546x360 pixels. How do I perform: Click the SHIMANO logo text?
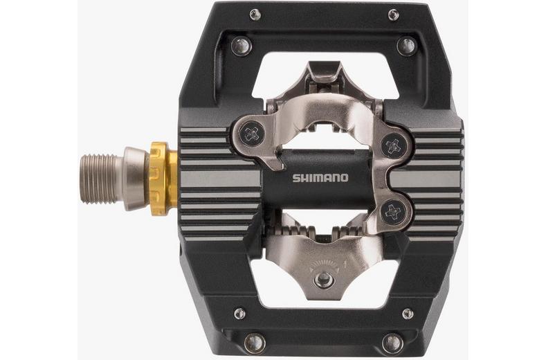coord(320,178)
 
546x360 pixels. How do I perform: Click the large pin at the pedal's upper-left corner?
coord(241,46)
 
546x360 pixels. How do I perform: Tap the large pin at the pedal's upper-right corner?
coord(406,46)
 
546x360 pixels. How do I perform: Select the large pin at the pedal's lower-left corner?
coord(254,342)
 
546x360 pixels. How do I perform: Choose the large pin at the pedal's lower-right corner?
coord(392,342)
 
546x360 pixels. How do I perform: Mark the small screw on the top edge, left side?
coord(255,15)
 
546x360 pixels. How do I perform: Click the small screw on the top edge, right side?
coord(393,15)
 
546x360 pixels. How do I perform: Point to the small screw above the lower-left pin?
coord(239,313)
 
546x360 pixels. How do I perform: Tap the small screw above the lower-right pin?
coord(408,313)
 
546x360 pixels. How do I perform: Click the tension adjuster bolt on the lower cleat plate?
coord(323,279)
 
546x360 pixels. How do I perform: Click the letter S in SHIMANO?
coord(295,178)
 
